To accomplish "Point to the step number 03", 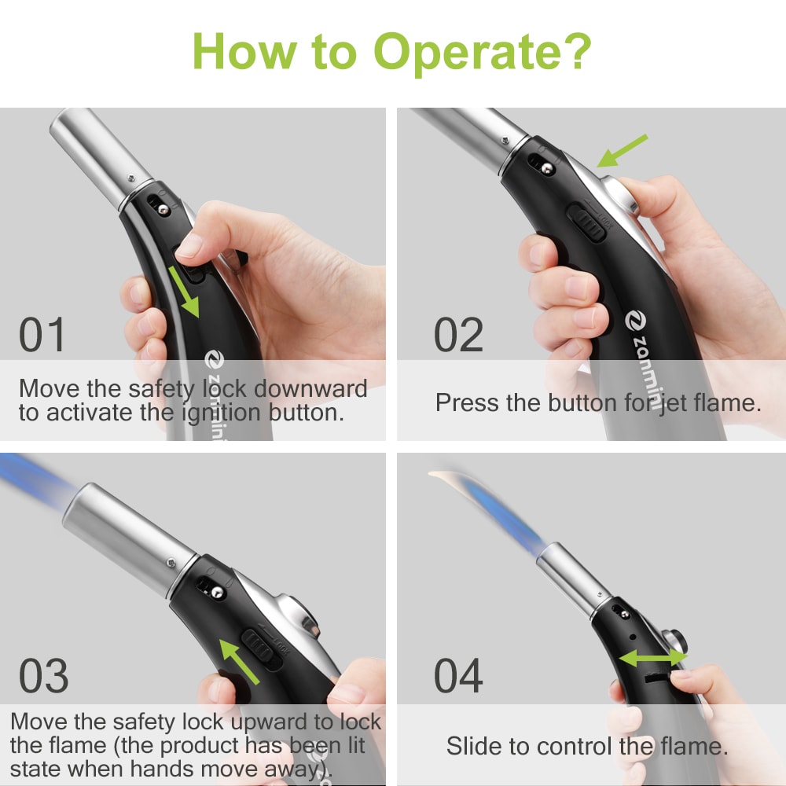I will pos(44,676).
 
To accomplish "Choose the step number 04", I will pos(458,676).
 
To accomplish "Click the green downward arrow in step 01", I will pos(185,292).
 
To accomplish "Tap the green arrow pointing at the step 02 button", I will pos(622,150).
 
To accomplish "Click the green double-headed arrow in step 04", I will pos(652,658).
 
